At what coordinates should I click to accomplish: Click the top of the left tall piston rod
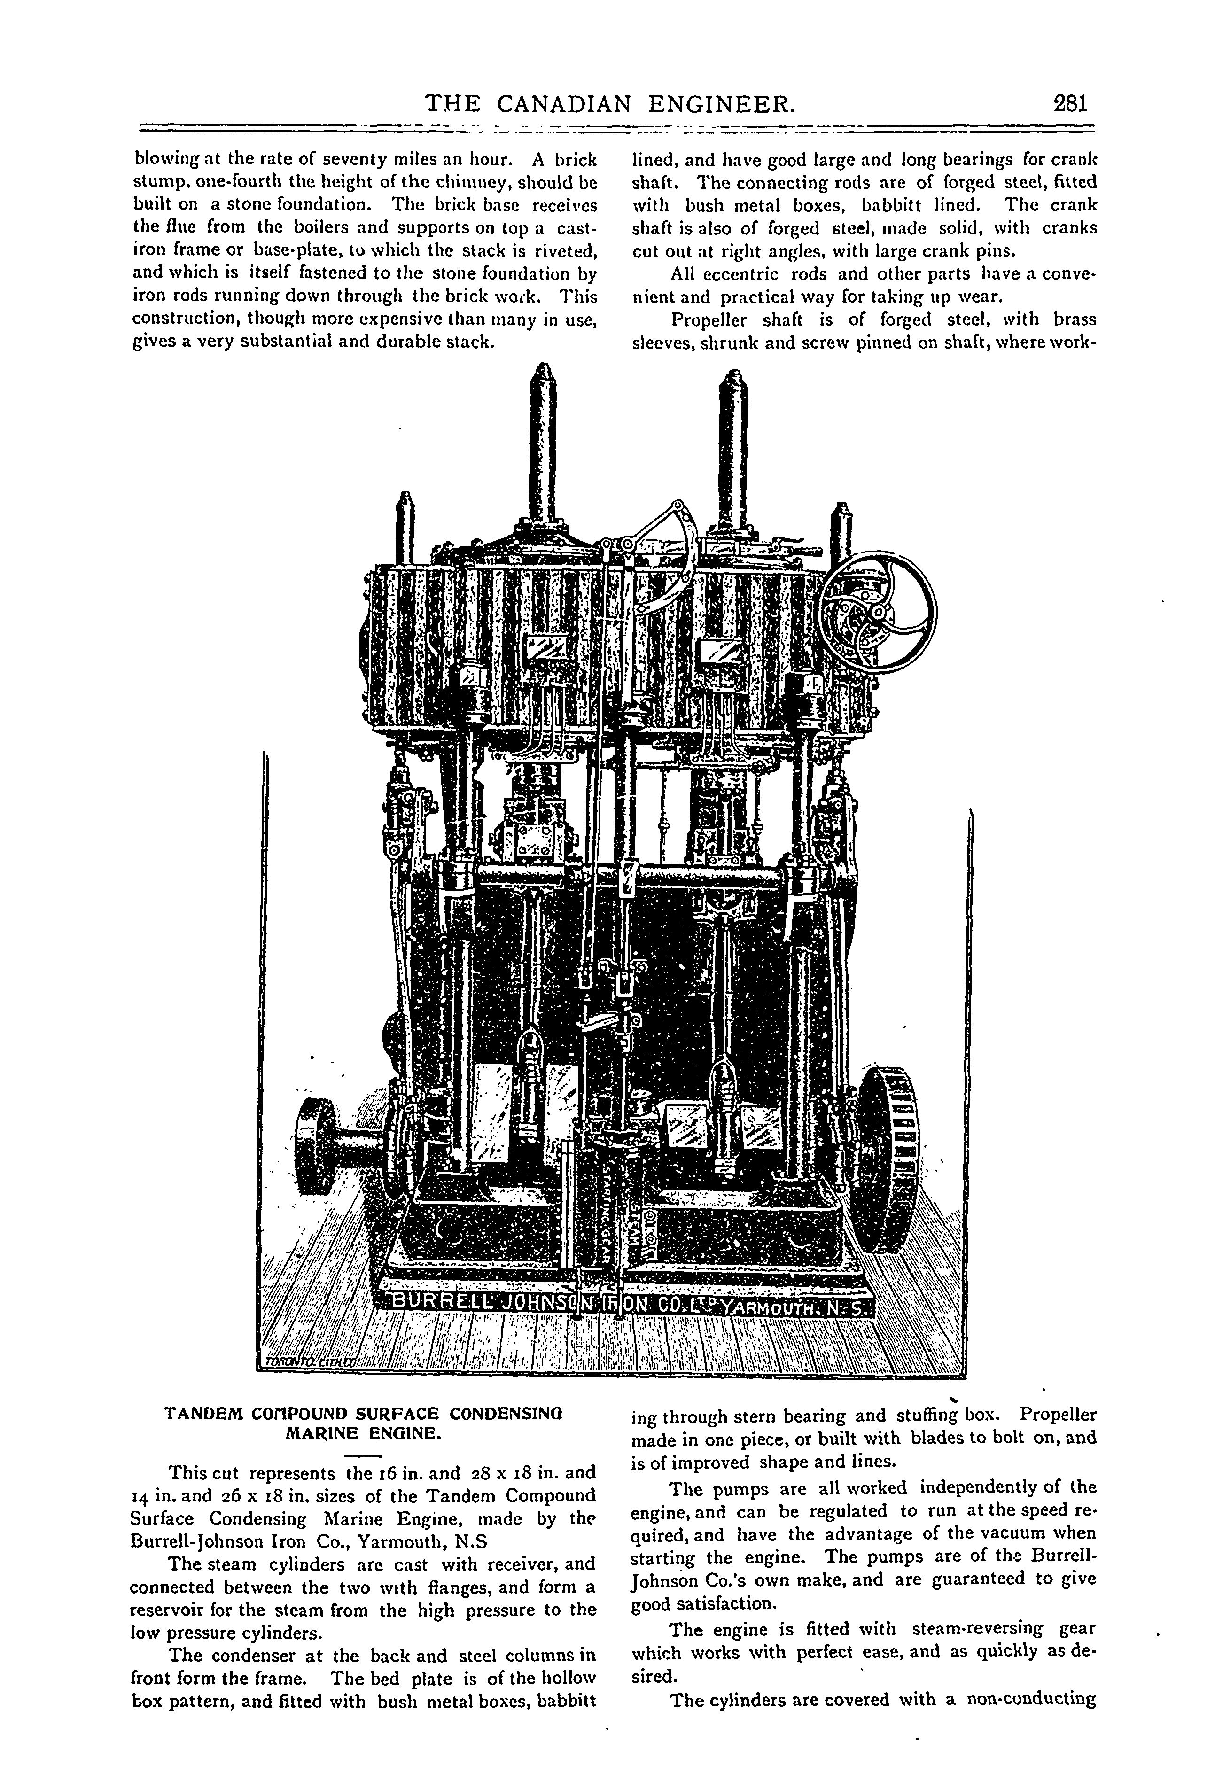[545, 377]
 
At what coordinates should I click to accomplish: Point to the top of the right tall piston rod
[734, 381]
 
